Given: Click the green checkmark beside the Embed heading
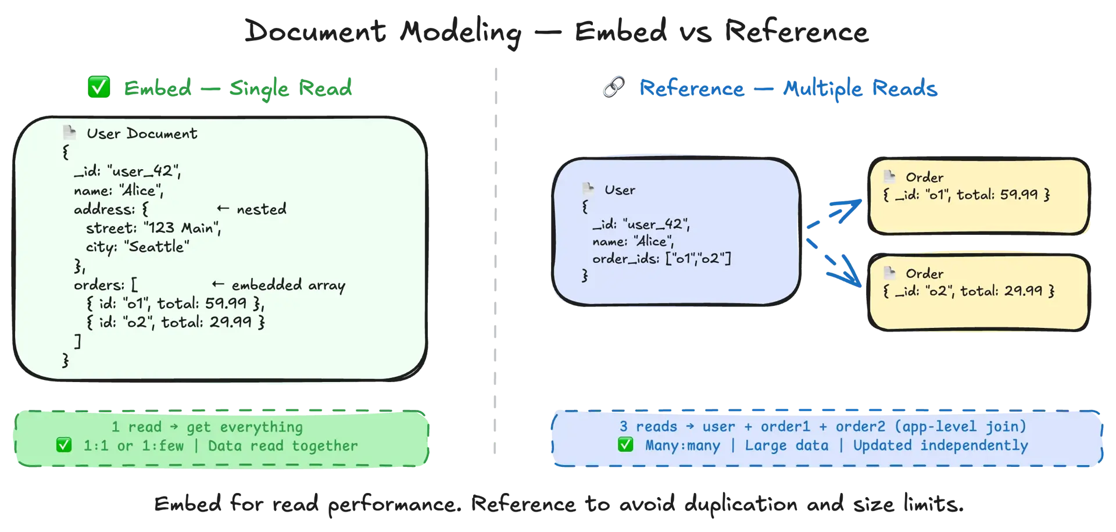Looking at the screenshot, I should click(x=98, y=88).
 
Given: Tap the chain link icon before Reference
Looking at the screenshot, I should click(x=614, y=88).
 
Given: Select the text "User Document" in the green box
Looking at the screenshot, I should click(x=142, y=134).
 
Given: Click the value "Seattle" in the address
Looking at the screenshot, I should click(x=159, y=247).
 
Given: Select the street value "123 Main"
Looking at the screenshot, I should click(x=182, y=228).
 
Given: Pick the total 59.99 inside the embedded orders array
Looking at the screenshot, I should click(x=226, y=303).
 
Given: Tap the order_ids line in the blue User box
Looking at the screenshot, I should click(x=661, y=258).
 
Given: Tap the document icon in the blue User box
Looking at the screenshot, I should click(x=588, y=188).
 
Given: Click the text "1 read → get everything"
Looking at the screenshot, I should click(x=207, y=427).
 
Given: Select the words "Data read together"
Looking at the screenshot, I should click(x=282, y=446).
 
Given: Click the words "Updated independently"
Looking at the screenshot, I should click(x=940, y=445).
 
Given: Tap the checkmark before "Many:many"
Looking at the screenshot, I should click(x=625, y=445).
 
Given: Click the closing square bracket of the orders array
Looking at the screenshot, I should click(x=77, y=341).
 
